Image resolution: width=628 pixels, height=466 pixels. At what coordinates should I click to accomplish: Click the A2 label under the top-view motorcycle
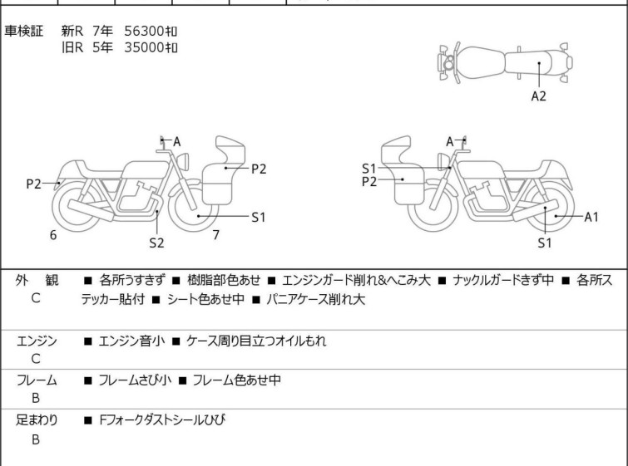point(538,96)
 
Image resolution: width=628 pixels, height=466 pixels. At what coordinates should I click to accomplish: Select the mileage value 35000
point(144,47)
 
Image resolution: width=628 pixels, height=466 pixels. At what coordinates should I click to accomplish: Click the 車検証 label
point(23,31)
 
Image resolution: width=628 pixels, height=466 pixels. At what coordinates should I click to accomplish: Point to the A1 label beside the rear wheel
point(591,217)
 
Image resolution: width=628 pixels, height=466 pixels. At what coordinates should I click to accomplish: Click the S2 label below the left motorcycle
point(156,243)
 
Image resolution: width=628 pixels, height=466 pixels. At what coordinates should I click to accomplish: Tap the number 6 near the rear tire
point(53,235)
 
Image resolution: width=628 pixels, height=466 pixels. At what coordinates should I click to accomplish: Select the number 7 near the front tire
point(216,235)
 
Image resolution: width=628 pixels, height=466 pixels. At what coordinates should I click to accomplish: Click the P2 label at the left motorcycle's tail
point(33,184)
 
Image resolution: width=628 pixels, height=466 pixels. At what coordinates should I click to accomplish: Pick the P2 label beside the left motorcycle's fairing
point(259,169)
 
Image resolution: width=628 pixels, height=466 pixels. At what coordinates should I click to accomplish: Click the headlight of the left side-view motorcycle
point(183,162)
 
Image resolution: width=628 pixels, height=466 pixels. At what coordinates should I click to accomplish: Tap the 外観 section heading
point(37,281)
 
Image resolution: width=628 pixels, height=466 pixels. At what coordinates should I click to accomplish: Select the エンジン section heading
point(37,341)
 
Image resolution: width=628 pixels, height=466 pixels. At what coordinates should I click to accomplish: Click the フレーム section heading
point(37,380)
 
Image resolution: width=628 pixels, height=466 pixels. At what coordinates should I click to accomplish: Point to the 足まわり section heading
point(37,419)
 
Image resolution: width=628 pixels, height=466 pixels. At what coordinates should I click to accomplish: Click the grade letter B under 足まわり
point(36,439)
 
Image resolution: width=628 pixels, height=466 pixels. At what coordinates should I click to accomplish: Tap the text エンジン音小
point(131,341)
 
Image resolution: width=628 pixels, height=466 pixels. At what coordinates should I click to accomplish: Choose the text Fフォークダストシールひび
point(162,419)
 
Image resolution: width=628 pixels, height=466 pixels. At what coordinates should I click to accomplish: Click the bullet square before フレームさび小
point(87,380)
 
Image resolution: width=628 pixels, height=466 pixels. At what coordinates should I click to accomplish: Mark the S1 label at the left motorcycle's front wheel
point(259,217)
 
